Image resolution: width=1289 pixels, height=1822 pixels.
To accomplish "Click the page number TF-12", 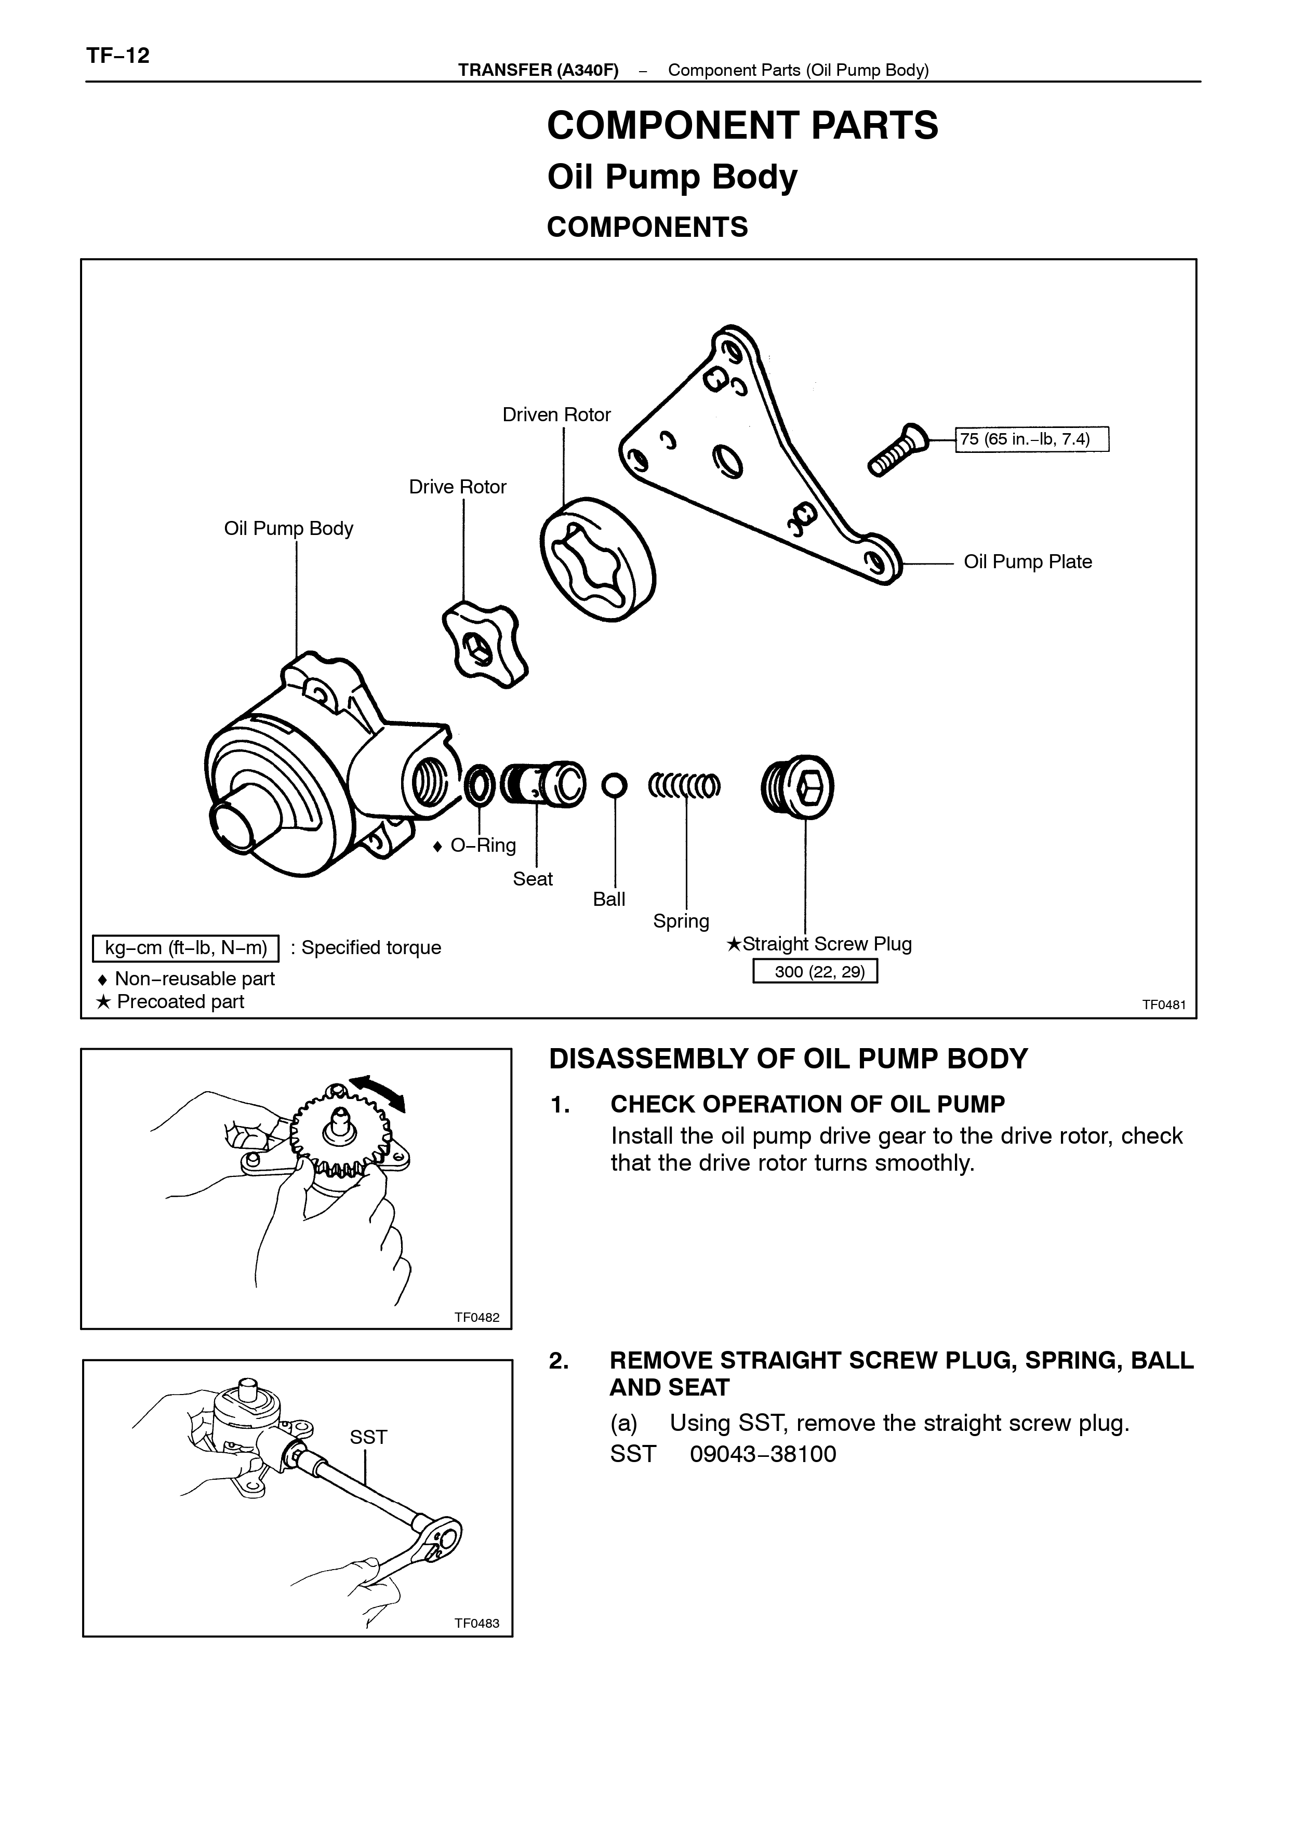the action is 117,56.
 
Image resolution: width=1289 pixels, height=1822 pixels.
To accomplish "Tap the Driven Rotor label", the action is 556,414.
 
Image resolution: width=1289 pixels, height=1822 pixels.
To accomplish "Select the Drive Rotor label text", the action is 457,487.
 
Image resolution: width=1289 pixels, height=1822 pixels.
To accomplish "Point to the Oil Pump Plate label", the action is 1028,562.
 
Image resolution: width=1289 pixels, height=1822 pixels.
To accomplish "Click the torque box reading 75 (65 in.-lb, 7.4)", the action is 1032,439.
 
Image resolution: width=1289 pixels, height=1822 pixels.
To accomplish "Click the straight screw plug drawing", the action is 797,786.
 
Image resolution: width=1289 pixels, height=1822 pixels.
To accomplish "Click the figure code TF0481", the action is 1164,1004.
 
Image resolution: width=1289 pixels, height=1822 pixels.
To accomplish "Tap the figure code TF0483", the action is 477,1623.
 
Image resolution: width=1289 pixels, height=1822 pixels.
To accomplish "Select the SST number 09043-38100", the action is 763,1454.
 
